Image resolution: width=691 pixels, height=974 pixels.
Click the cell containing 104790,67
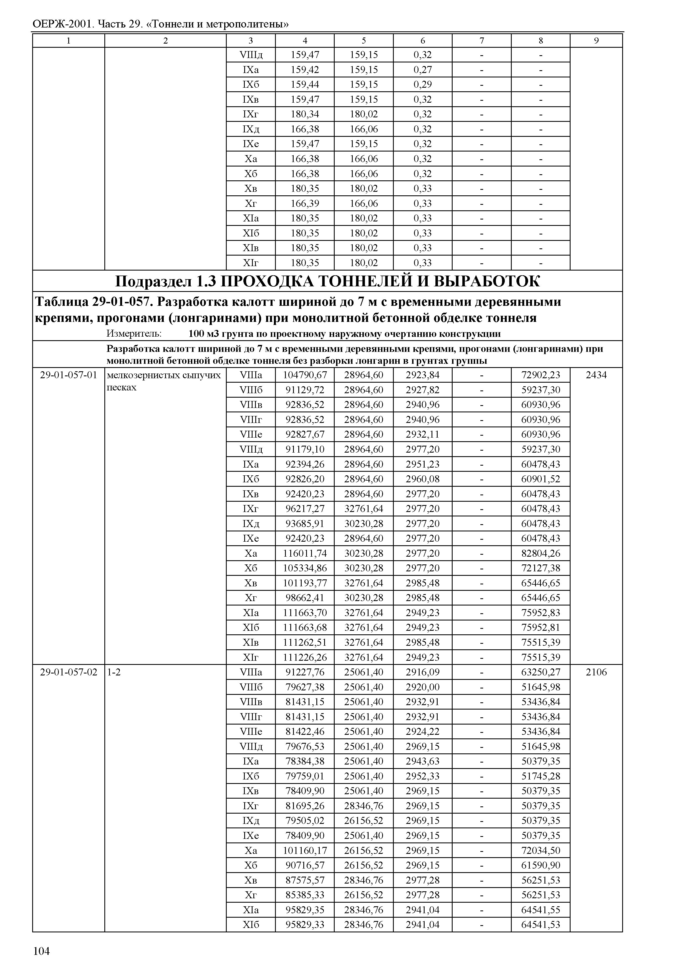305,375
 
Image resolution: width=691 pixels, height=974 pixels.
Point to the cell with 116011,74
305,553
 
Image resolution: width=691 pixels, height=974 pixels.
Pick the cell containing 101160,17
305,850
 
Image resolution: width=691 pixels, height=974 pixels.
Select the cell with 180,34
305,114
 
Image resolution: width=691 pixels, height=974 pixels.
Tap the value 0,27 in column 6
423,69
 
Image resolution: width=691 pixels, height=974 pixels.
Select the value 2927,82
423,390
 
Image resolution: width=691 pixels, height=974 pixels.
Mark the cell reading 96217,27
305,508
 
